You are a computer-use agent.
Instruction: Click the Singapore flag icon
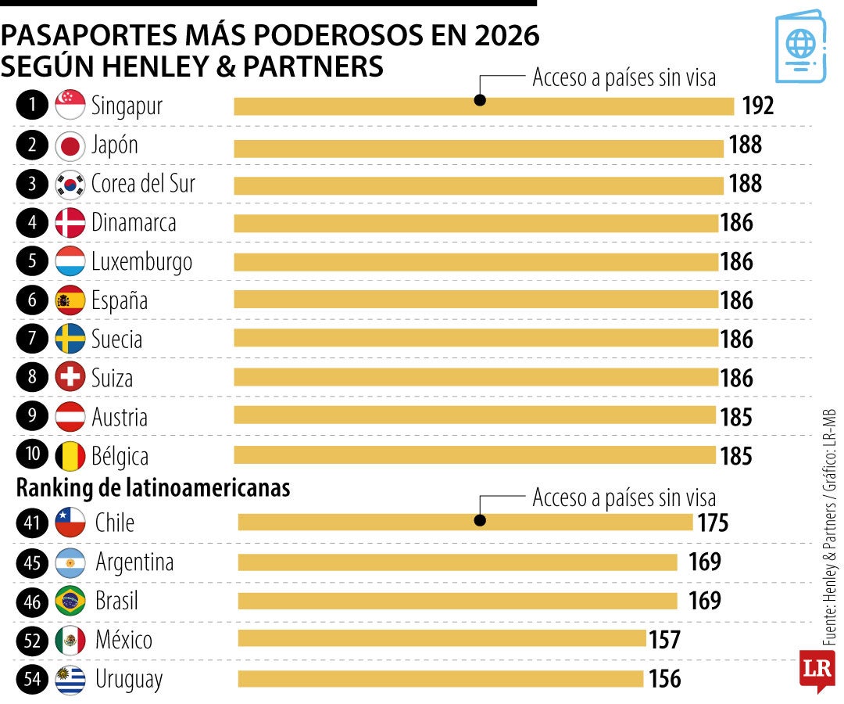point(70,106)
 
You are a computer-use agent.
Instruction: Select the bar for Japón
point(478,147)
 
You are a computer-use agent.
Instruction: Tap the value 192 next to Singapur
point(757,106)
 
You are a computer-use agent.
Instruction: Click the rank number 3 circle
point(32,185)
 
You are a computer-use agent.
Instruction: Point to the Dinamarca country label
point(134,223)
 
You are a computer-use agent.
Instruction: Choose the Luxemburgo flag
point(70,261)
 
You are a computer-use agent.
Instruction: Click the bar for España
point(475,300)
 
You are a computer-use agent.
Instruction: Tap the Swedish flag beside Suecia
point(70,339)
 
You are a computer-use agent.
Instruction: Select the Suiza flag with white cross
point(70,379)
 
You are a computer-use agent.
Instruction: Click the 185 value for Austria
point(736,417)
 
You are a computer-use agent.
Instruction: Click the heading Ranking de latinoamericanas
point(153,488)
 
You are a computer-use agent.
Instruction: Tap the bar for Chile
point(465,523)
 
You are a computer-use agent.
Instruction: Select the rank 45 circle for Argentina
point(32,562)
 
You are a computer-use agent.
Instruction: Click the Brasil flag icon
point(70,602)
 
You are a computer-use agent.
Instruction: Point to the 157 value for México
point(664,640)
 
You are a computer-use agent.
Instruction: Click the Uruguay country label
point(129,679)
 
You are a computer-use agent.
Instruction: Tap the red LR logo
point(817,670)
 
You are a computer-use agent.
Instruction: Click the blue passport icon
point(800,46)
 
